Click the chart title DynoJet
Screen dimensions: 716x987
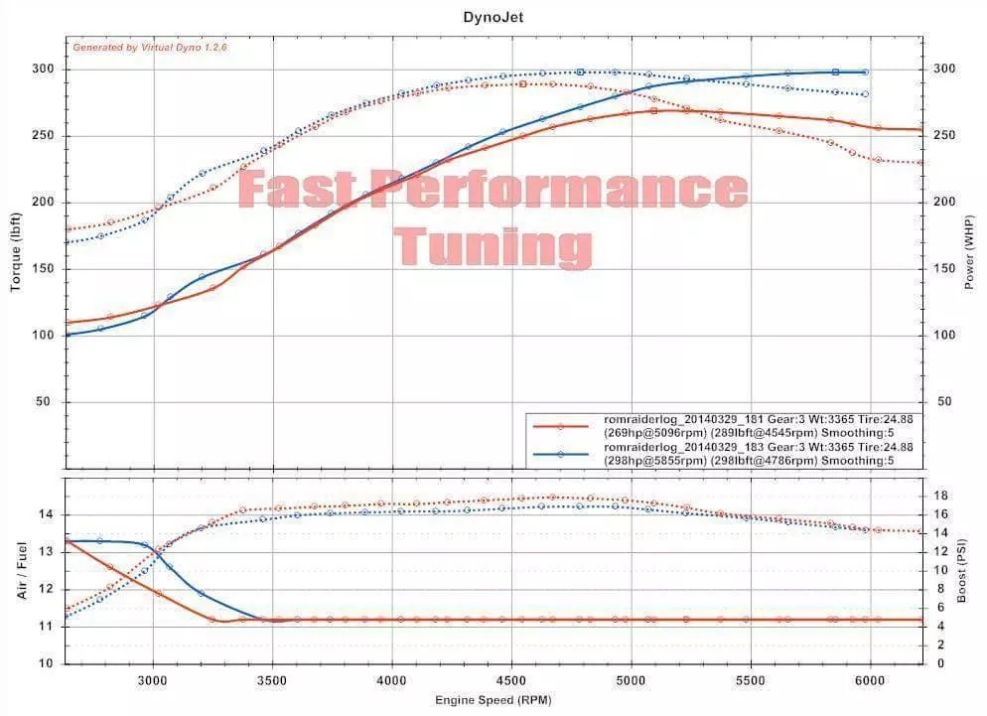(x=493, y=16)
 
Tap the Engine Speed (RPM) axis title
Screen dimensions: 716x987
(x=493, y=700)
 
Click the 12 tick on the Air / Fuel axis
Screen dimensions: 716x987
(x=47, y=589)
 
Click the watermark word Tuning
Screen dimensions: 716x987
(x=493, y=243)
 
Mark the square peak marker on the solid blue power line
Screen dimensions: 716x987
(x=835, y=72)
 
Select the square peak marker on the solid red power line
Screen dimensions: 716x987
(x=654, y=110)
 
